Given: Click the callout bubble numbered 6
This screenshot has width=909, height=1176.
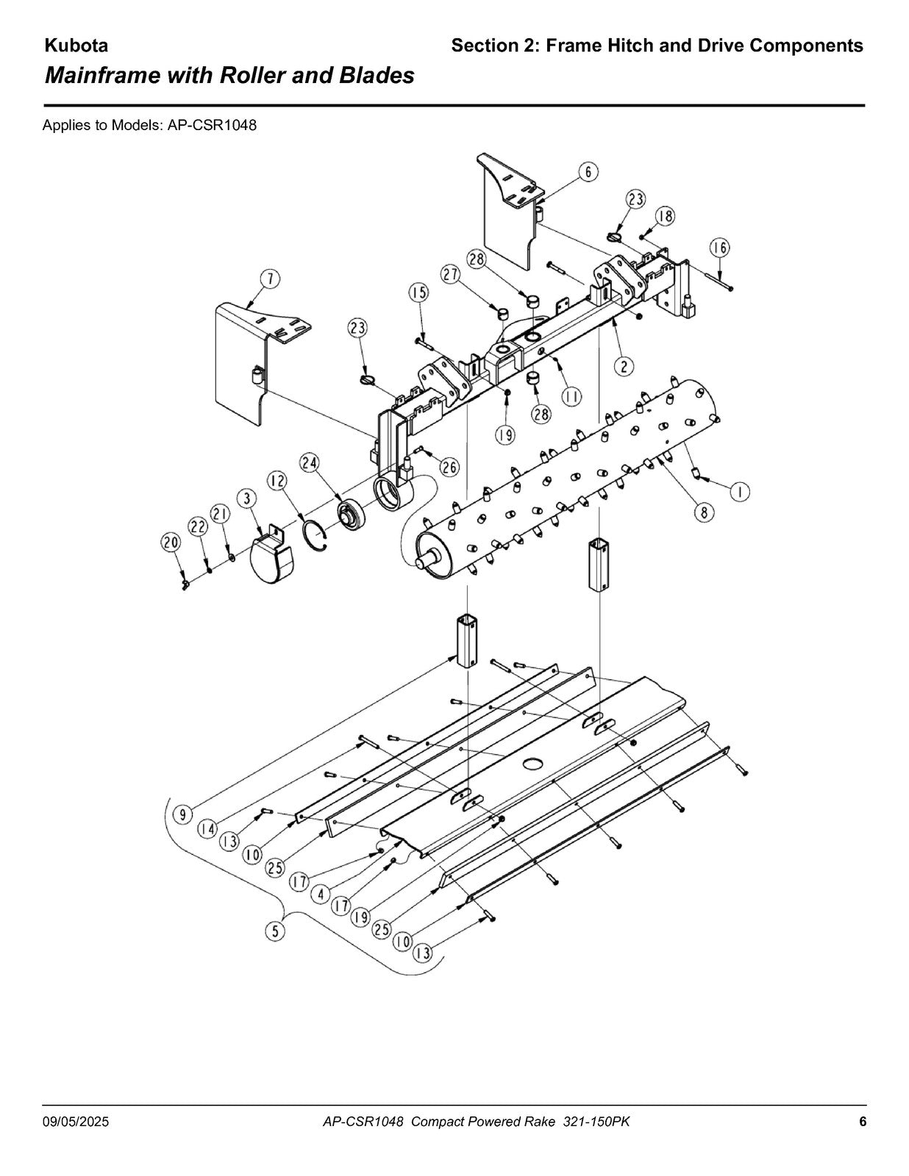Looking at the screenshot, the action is (588, 172).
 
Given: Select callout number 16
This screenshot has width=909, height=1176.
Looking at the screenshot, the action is (719, 248).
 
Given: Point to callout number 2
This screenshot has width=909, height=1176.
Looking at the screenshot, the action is (624, 366).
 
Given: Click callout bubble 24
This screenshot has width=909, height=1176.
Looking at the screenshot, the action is (310, 463).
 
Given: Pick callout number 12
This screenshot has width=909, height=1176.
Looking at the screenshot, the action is (278, 481).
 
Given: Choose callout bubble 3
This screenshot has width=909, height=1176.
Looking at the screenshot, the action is (247, 498).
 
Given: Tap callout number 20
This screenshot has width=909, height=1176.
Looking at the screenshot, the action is (171, 543).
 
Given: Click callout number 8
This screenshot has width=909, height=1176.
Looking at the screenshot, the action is (705, 512).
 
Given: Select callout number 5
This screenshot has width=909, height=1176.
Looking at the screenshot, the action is (276, 931).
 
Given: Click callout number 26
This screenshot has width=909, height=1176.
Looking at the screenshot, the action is (450, 467).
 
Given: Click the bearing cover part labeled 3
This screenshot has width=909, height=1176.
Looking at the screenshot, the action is (272, 557).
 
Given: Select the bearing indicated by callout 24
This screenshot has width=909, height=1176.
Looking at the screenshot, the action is (352, 514).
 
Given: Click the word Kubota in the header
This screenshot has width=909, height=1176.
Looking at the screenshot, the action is (76, 46).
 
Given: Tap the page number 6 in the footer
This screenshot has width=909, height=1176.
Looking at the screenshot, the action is (863, 1122).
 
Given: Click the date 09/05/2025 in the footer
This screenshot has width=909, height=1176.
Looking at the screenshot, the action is (75, 1122).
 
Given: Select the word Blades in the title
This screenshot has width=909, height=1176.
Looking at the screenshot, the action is (377, 75).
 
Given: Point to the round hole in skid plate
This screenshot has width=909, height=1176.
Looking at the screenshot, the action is (532, 764).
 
